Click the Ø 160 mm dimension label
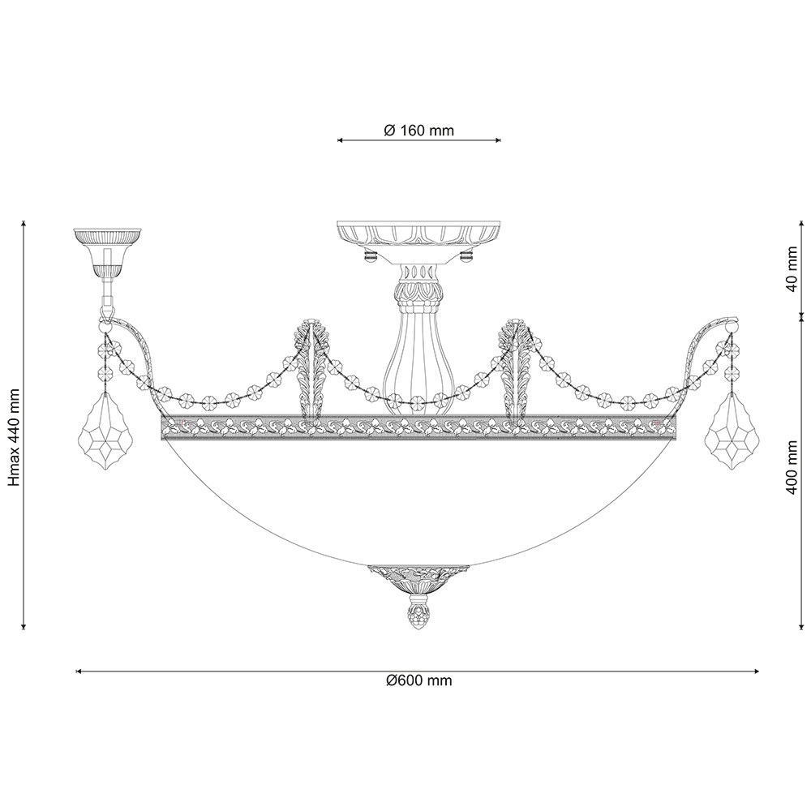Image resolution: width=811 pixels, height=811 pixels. coord(419,131)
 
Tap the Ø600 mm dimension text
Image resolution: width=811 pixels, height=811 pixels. coord(419,680)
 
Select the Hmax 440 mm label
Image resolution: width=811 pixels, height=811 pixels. coord(15,436)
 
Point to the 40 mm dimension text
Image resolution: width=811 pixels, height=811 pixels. coord(792,276)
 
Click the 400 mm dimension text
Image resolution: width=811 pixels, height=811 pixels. coord(792,468)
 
